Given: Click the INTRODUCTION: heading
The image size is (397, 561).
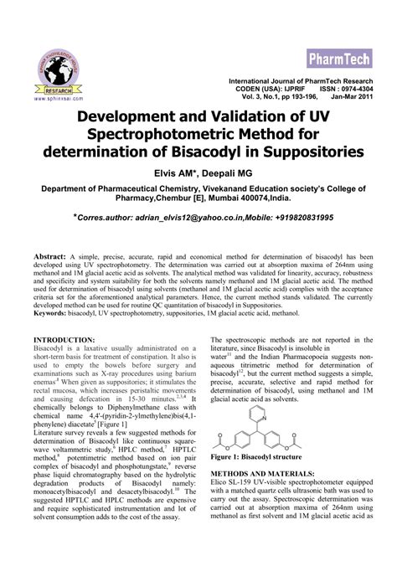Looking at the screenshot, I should [64, 339].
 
